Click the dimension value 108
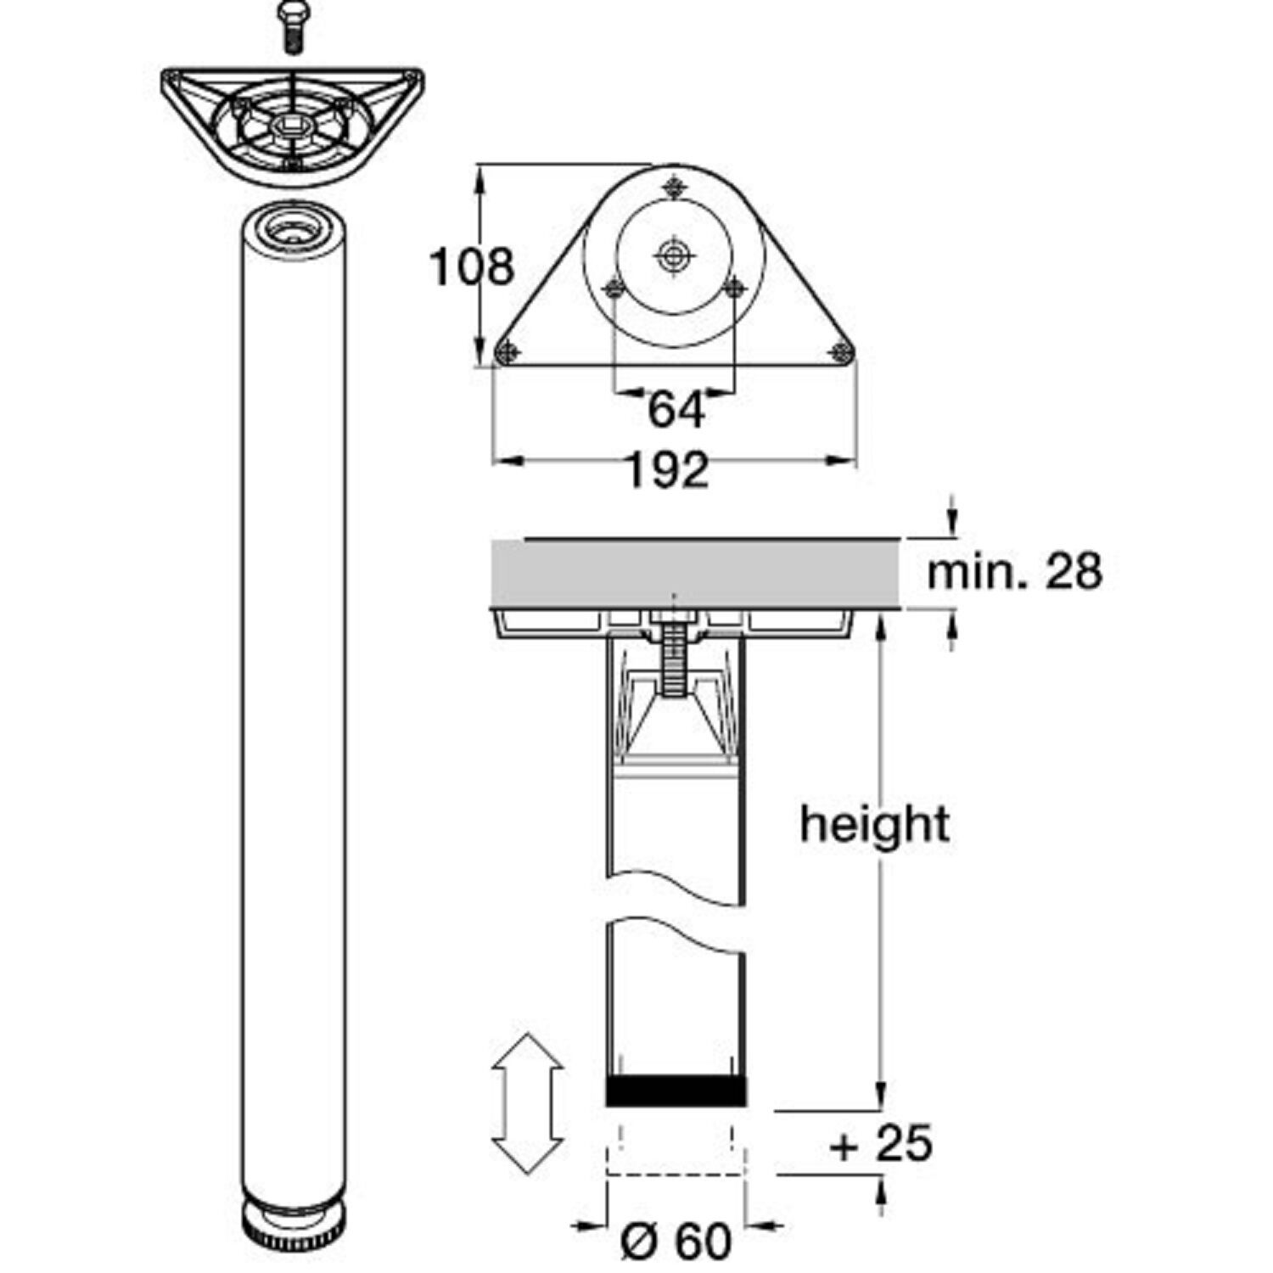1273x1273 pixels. pos(473,266)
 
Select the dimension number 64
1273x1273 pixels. pos(676,411)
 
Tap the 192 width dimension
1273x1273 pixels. pos(668,470)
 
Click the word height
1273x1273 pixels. pos(875,824)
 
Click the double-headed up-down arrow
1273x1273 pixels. pos(528,1103)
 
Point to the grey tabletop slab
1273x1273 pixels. pos(694,573)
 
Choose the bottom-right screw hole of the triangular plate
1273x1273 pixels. pos(841,351)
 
